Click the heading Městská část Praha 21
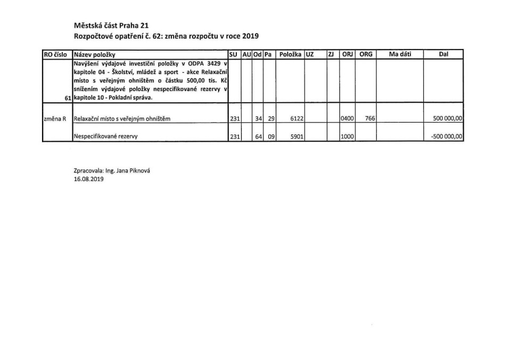111,26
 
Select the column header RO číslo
57,54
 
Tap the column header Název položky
95,54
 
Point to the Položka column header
290,54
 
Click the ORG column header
366,54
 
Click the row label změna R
55,119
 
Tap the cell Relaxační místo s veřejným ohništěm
122,119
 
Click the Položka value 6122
296,119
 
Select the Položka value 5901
296,136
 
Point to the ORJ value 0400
348,119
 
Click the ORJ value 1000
348,136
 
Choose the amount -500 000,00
447,136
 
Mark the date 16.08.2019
88,179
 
